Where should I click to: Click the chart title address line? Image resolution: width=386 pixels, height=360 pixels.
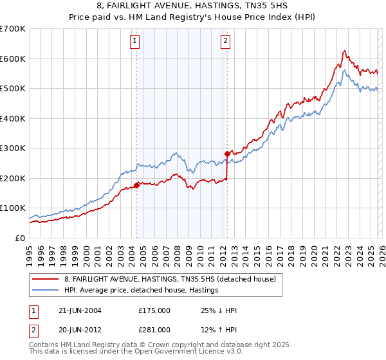click(x=193, y=6)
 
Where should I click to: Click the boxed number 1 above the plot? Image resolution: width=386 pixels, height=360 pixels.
click(x=135, y=42)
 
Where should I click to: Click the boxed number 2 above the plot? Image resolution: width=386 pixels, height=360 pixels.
click(x=226, y=42)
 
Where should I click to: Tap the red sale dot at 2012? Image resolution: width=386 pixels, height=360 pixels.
click(x=227, y=154)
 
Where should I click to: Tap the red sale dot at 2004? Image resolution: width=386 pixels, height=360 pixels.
click(x=136, y=186)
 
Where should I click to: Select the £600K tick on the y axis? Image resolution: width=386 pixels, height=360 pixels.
click(x=13, y=59)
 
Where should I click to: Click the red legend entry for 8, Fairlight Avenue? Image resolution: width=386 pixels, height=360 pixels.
click(x=170, y=279)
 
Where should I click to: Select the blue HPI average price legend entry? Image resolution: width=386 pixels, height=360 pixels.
click(x=141, y=291)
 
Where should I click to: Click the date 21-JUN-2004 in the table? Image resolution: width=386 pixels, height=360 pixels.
click(x=80, y=310)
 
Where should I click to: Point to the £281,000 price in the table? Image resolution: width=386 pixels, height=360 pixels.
click(x=154, y=331)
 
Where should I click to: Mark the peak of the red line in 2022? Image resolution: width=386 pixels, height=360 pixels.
click(x=344, y=51)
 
